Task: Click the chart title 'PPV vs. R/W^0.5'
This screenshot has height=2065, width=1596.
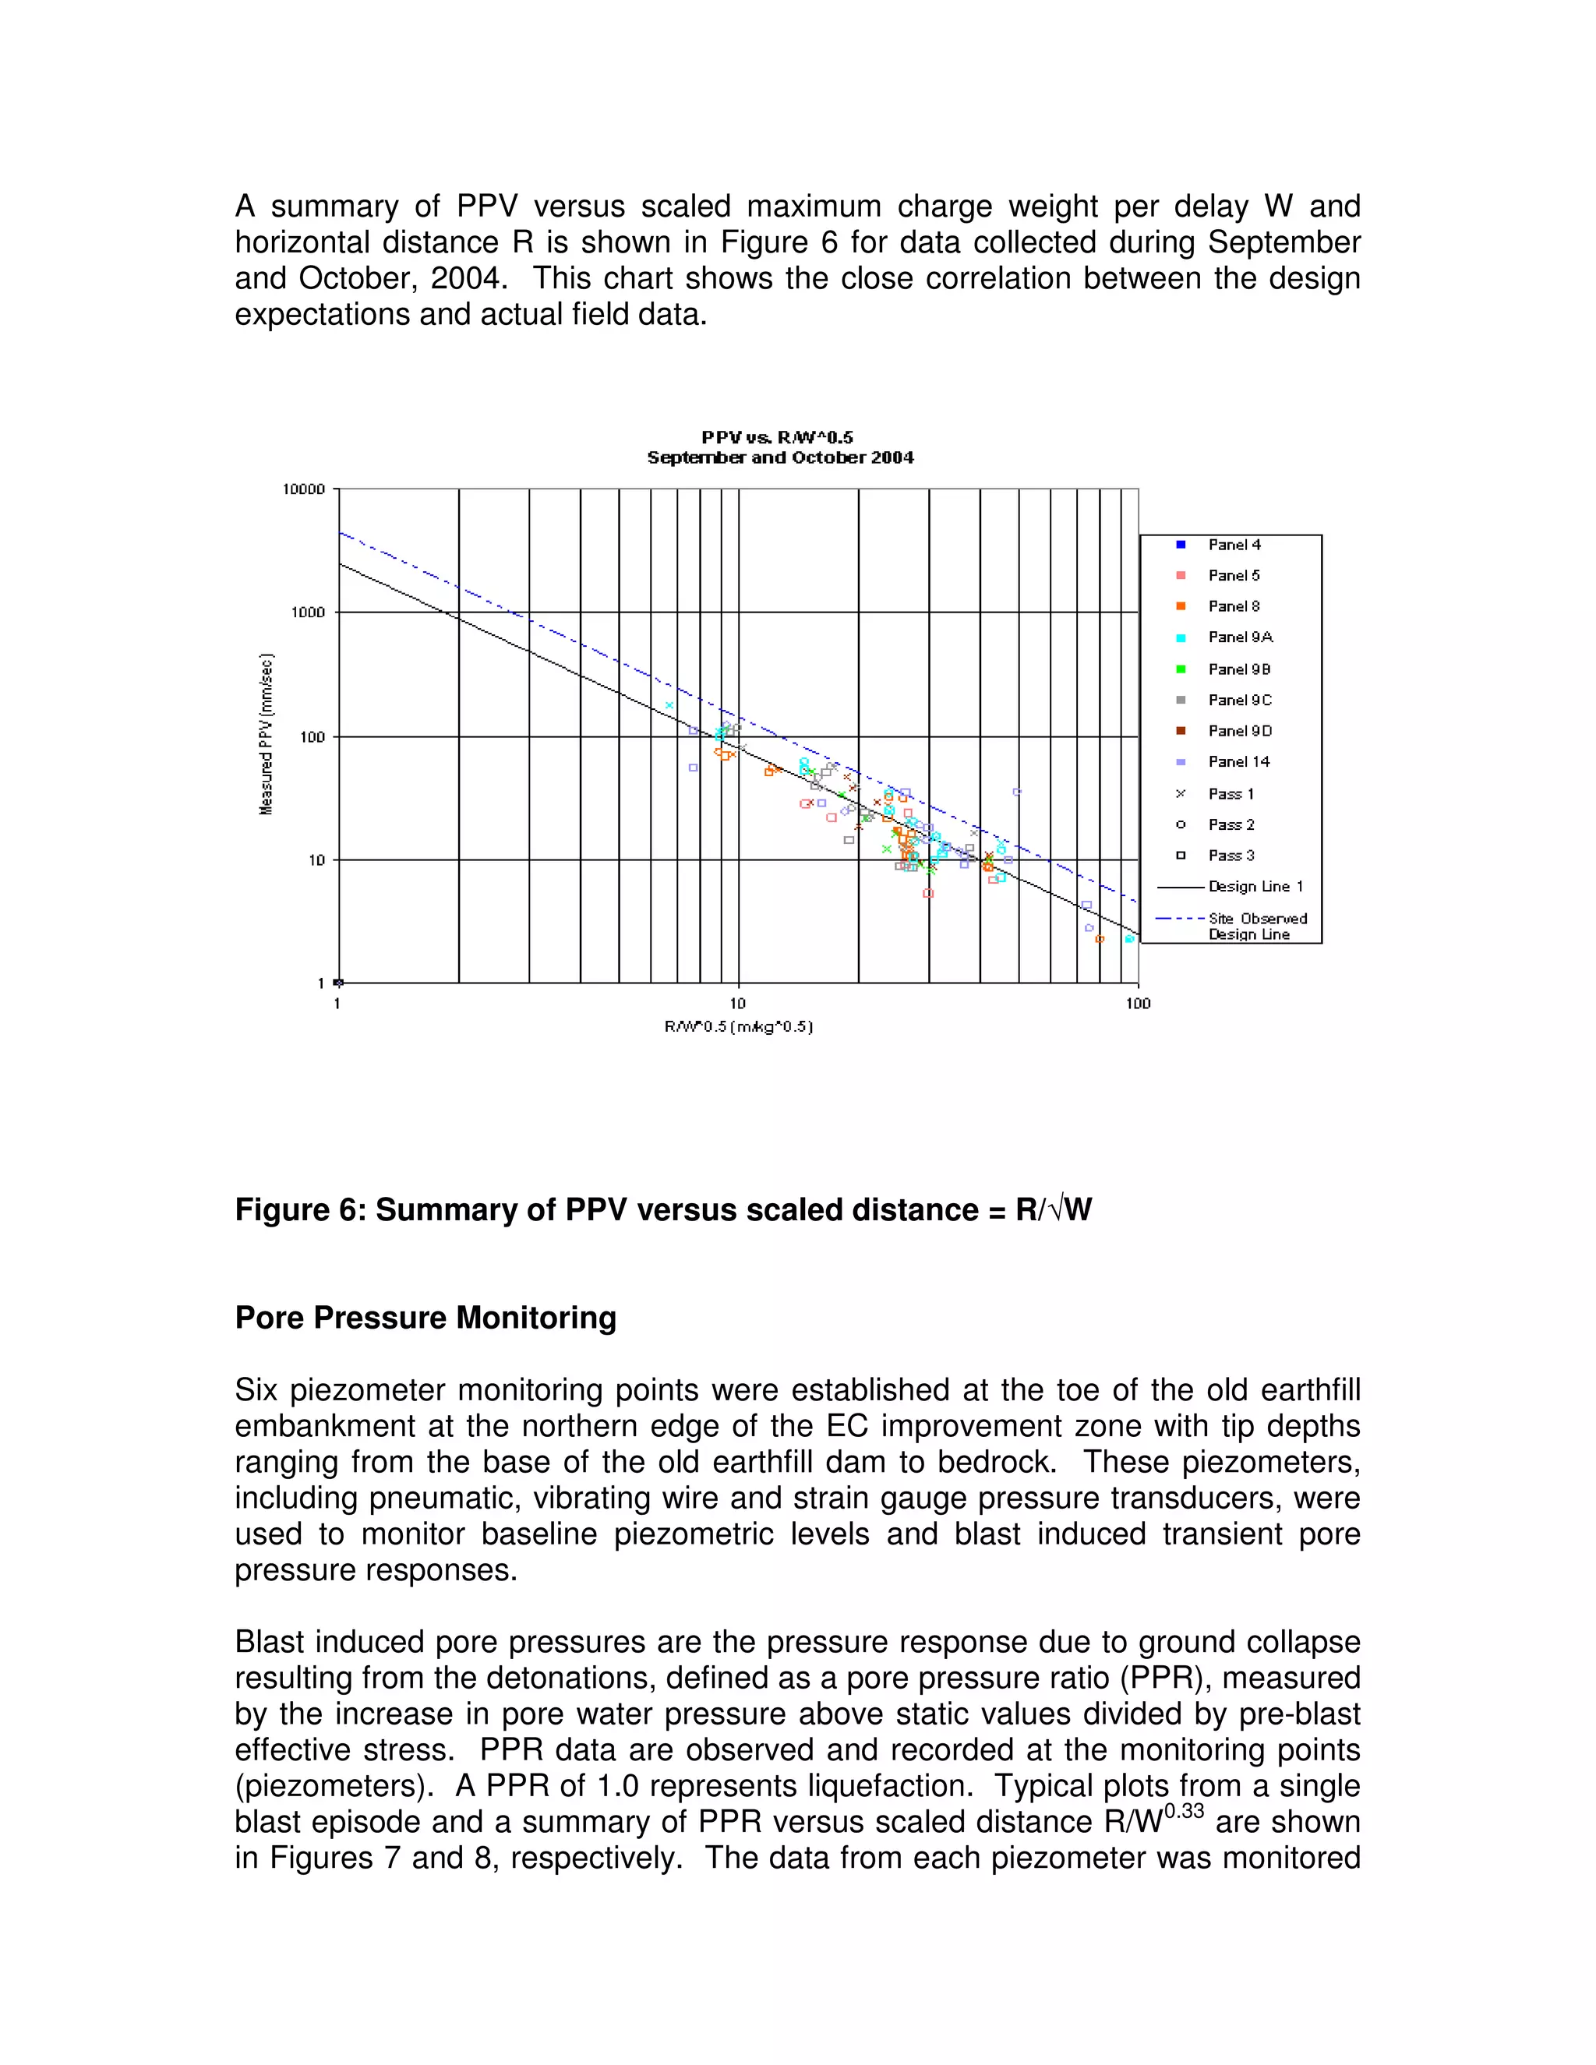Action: [x=777, y=437]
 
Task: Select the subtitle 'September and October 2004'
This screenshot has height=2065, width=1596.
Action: [x=780, y=457]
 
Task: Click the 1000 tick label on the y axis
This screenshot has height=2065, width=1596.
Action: [x=307, y=612]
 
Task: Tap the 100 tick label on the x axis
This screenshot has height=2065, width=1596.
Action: [x=1138, y=1003]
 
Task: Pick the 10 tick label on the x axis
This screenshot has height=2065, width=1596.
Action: [x=737, y=1003]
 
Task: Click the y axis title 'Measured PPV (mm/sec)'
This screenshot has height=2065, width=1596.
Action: [x=267, y=734]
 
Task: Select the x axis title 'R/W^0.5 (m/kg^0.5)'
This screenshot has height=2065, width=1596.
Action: [x=739, y=1027]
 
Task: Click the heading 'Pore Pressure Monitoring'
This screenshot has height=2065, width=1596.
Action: [x=425, y=1317]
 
